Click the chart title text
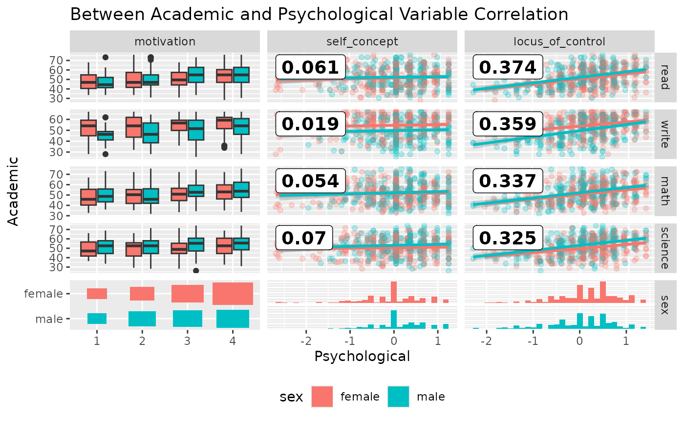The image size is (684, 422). (x=319, y=14)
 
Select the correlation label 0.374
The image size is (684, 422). (x=508, y=67)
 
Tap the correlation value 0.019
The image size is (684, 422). (x=310, y=124)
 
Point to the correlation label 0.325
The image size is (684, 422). (x=508, y=238)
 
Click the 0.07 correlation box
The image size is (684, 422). (x=303, y=238)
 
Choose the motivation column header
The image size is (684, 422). (x=165, y=42)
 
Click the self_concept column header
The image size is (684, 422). (x=362, y=42)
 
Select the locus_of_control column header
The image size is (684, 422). (x=559, y=42)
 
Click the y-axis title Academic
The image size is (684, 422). (x=14, y=190)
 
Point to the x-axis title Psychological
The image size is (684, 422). (x=362, y=356)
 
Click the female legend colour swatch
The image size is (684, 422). (x=321, y=396)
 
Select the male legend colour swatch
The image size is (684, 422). (x=398, y=396)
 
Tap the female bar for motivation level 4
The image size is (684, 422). (x=233, y=294)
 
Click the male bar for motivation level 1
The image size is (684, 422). (x=97, y=318)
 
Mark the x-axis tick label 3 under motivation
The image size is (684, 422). (x=187, y=341)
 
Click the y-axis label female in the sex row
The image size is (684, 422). (x=43, y=294)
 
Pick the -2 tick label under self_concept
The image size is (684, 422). (x=306, y=341)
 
